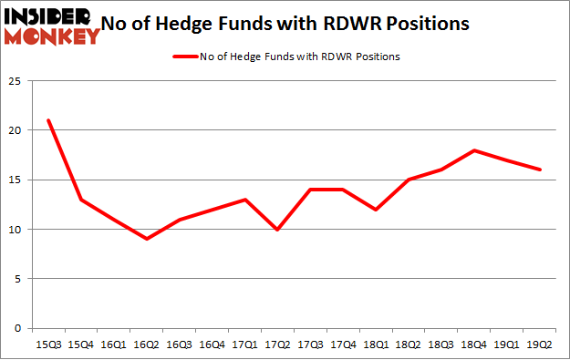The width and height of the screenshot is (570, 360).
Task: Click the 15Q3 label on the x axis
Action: tap(48, 344)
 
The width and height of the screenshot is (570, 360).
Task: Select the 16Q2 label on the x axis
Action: tap(146, 344)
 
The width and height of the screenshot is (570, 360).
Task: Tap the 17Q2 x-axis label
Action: tap(277, 344)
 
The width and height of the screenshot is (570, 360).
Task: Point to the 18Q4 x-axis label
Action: tap(473, 344)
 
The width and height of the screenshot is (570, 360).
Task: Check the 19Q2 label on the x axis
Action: tap(539, 344)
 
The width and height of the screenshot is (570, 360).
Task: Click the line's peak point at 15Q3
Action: tap(48, 120)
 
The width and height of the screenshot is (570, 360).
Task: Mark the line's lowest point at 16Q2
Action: tap(146, 239)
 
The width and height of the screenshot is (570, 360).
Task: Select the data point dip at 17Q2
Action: tap(277, 229)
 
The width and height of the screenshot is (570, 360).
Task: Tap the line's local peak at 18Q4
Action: tap(473, 150)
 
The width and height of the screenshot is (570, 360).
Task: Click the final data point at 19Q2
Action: tap(539, 170)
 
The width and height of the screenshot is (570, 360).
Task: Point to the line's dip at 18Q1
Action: tap(376, 210)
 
